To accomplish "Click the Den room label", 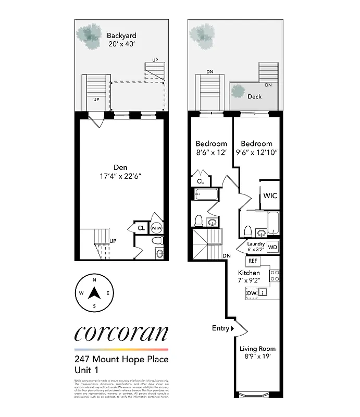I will pyautogui.click(x=120, y=167).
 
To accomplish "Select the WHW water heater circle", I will pyautogui.click(x=156, y=228).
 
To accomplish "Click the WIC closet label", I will pyautogui.click(x=270, y=195).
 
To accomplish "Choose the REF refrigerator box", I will pyautogui.click(x=253, y=261).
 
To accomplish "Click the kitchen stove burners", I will pyautogui.click(x=275, y=275).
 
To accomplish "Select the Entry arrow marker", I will pyautogui.click(x=232, y=328).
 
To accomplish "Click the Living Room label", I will pyautogui.click(x=257, y=349).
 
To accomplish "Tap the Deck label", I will pyautogui.click(x=254, y=96).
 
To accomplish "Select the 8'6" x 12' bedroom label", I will pyautogui.click(x=211, y=148).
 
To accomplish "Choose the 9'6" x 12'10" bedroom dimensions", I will pyautogui.click(x=256, y=153).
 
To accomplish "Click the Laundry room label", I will pyautogui.click(x=255, y=244).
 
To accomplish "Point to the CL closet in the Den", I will pyautogui.click(x=141, y=228).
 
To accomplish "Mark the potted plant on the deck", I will pyautogui.click(x=239, y=92).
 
